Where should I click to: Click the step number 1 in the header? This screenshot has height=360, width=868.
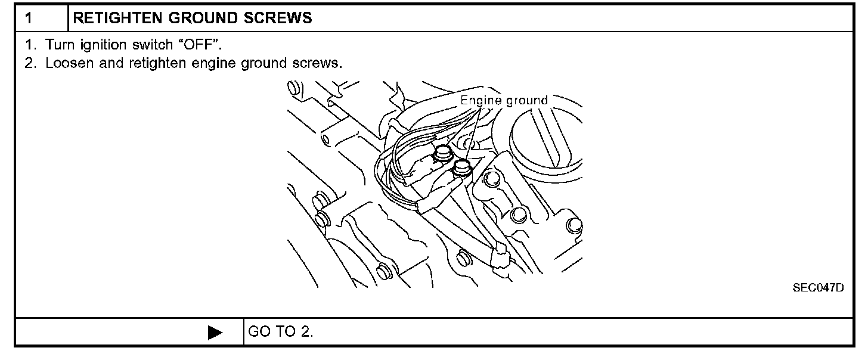click(27, 18)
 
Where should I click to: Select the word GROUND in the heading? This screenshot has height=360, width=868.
click(194, 18)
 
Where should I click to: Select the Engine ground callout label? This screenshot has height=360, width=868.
click(504, 100)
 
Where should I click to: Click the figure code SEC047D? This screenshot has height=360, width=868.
click(818, 288)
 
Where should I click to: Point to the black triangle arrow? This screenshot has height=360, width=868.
click(215, 332)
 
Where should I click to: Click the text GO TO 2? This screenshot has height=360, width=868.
click(280, 332)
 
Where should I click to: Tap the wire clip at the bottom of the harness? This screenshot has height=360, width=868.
click(500, 256)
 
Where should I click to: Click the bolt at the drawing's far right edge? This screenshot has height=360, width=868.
click(573, 225)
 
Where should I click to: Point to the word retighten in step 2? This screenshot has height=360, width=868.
click(151, 63)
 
